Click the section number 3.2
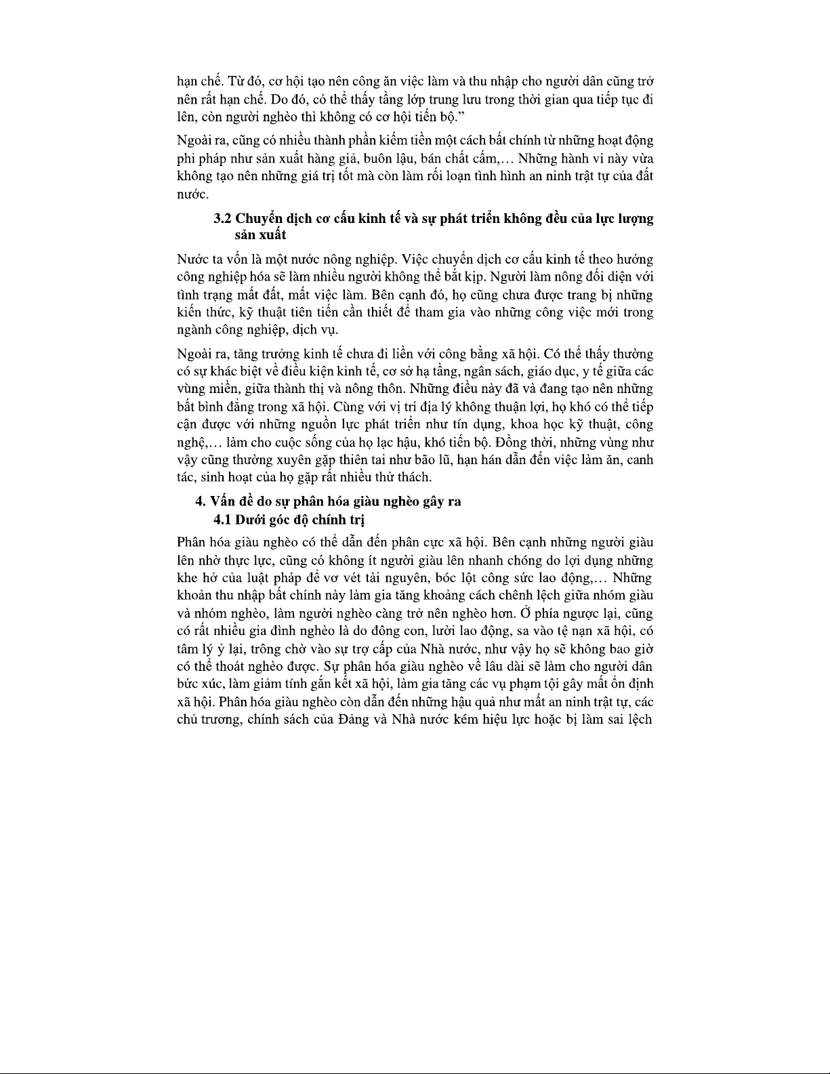click(222, 218)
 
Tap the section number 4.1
click(222, 519)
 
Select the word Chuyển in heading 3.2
click(257, 218)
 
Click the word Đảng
click(350, 718)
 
